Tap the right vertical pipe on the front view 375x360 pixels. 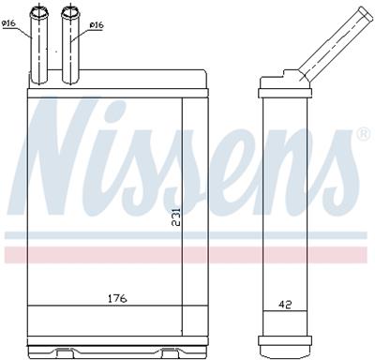(70, 42)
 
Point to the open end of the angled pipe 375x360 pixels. (362, 12)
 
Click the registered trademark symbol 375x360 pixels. (363, 136)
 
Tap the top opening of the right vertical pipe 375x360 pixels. (70, 10)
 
